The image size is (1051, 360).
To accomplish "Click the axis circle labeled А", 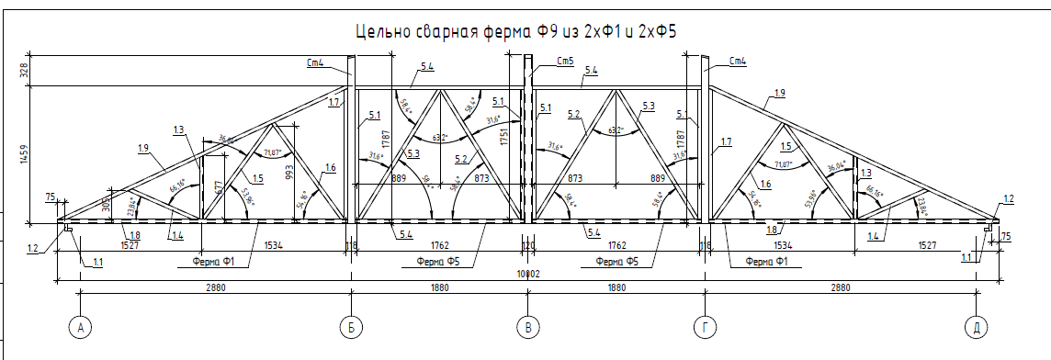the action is (x=81, y=327).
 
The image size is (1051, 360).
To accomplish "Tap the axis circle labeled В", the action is (x=527, y=327).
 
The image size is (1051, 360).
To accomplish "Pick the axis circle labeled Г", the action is (x=705, y=327).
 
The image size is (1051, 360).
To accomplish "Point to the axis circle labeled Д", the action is (x=977, y=327).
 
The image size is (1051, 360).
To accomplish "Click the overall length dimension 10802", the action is (x=527, y=274).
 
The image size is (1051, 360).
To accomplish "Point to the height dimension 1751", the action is (x=503, y=137).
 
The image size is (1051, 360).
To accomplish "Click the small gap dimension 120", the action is (x=528, y=246).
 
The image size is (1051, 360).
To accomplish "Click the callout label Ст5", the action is (x=565, y=61).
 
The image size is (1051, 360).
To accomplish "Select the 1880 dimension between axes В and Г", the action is (x=616, y=287).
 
